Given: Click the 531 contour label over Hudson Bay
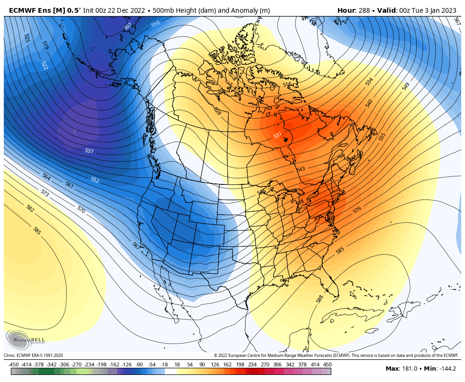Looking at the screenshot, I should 278,135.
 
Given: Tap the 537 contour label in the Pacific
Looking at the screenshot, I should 89,151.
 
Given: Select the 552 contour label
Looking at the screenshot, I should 95,180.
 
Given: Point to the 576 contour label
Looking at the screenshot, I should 357,209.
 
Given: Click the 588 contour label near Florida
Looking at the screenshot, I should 320,299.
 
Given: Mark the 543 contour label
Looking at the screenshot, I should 301,169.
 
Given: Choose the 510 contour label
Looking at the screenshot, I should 155,24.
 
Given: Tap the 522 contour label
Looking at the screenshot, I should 44,65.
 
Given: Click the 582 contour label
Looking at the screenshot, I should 30,208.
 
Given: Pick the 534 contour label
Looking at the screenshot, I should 369,81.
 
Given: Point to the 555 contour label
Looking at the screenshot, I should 382,137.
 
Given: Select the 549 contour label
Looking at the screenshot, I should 406,87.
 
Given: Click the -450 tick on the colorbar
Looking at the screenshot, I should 14,365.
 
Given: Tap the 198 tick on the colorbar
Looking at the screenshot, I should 240,365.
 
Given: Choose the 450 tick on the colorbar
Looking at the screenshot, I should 327,365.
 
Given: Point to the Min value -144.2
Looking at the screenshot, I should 446,369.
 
